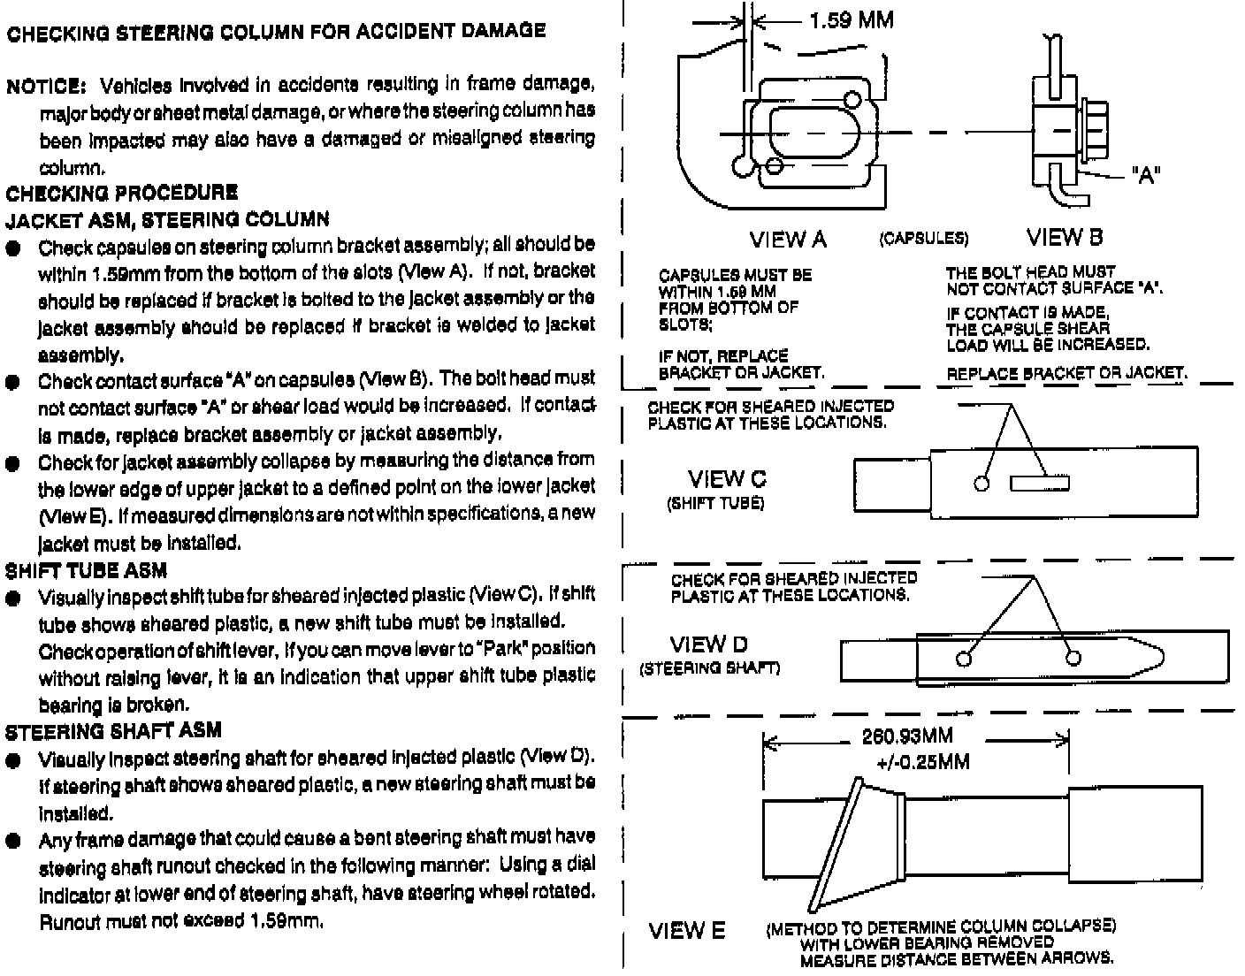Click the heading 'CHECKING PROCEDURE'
coord(122,193)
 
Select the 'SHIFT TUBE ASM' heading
coord(87,571)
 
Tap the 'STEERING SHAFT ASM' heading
coord(113,731)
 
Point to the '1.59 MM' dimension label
coord(851,19)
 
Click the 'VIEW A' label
coord(788,239)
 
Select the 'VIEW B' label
coord(1065,237)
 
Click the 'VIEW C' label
coord(727,479)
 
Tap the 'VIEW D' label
coord(708,644)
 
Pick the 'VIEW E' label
coord(687,930)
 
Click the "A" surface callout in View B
coord(1145,175)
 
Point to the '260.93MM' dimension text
coord(906,736)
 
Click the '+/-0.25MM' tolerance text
coord(922,761)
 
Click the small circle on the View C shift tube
coord(981,483)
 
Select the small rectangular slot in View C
coord(1040,483)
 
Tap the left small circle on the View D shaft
coord(964,658)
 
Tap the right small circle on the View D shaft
coord(1073,658)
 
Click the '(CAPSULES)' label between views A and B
coord(923,239)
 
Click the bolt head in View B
coord(1094,133)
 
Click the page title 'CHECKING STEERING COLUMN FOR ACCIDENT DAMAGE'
coord(276,32)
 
